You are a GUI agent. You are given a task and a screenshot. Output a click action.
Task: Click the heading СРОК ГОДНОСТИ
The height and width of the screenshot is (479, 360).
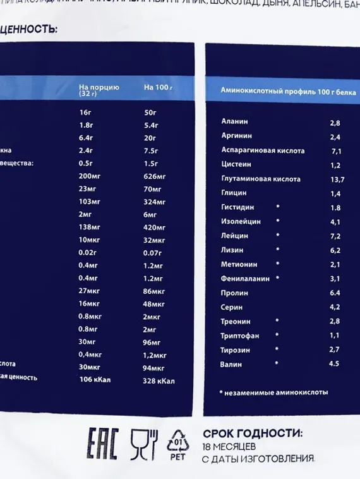pos(253,434)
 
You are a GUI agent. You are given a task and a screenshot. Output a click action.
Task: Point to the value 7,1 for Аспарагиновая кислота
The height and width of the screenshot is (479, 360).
pos(335,151)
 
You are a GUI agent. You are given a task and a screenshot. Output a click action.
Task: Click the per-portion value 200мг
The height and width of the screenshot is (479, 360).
pos(91,176)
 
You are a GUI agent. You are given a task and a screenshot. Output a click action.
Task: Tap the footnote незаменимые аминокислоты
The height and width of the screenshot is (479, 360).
pos(276,392)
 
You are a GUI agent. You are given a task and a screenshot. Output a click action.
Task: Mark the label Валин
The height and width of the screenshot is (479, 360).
pos(232,363)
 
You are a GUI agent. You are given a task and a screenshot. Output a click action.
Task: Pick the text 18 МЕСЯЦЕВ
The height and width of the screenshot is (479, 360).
pos(232,446)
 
